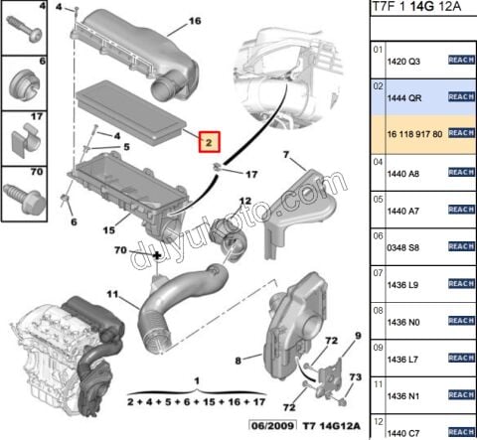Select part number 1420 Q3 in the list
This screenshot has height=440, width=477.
coord(402,60)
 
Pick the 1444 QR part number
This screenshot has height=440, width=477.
coord(402,97)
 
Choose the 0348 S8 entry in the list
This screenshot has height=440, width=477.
coord(402,246)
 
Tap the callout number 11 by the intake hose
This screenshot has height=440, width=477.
coord(112,295)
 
